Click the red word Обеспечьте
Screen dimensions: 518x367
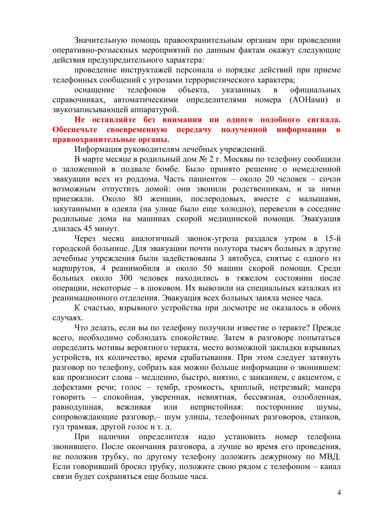pyautogui.click(x=75, y=130)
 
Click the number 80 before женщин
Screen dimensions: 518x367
pyautogui.click(x=138, y=199)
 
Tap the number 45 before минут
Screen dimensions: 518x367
pyautogui.click(x=88, y=228)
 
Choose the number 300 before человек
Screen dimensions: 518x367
pyautogui.click(x=126, y=278)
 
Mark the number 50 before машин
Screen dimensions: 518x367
pyautogui.click(x=208, y=268)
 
